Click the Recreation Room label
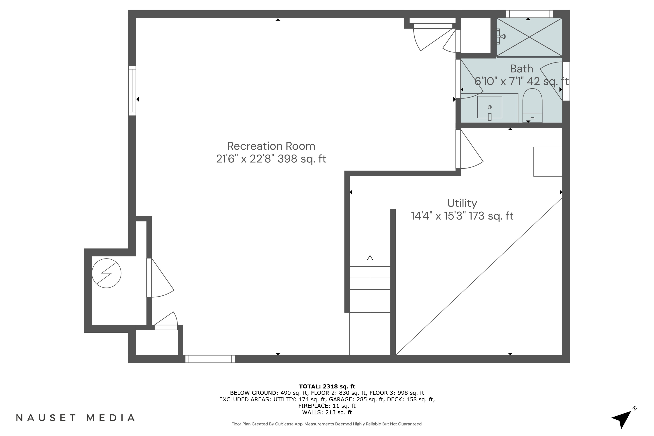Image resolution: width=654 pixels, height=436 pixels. [x=271, y=146]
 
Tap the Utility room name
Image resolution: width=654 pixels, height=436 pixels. [x=462, y=203]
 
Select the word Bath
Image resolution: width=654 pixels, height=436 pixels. [x=521, y=69]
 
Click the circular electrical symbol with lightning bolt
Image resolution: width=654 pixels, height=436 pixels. [x=107, y=273]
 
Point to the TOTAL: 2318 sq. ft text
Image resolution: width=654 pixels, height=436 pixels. [x=327, y=386]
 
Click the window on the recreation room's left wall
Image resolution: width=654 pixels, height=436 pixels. [x=132, y=91]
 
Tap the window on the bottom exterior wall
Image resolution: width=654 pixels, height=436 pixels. [x=210, y=359]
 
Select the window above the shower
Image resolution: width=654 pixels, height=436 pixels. [x=529, y=14]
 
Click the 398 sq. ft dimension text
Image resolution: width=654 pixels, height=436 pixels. [x=302, y=159]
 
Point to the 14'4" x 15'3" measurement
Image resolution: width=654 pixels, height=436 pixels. [x=438, y=216]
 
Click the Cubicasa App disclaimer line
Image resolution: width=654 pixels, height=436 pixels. [x=327, y=424]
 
